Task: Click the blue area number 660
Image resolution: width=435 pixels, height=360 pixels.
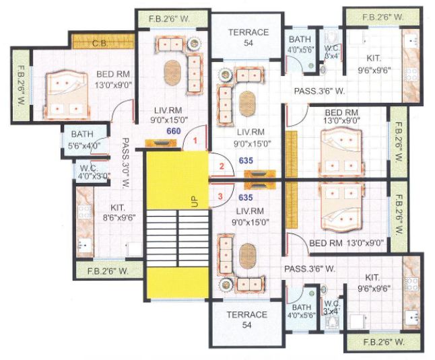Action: point(174,131)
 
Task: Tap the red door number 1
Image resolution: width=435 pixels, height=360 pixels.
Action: point(195,141)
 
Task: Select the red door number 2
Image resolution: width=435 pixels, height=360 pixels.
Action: point(220,166)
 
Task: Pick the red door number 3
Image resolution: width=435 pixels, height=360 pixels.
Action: point(220,196)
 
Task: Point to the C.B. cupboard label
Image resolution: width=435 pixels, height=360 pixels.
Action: point(100,43)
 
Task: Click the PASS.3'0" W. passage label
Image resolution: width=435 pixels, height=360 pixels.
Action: point(125,162)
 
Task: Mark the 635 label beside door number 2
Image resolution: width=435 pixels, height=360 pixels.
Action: point(246,161)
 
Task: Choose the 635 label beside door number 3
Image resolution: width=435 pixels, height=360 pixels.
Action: point(246,198)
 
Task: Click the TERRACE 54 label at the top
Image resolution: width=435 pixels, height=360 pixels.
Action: point(247,37)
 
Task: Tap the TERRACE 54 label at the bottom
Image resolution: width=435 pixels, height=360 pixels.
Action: point(247,320)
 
